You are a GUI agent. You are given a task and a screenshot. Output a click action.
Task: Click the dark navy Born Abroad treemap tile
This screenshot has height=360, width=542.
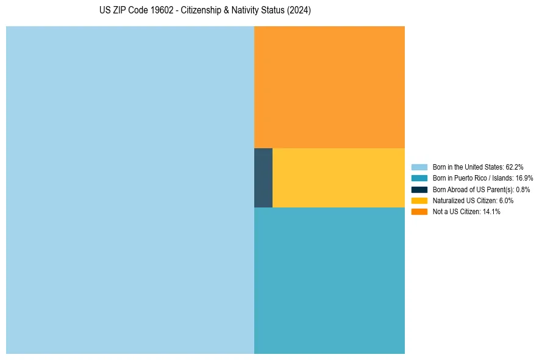pos(263,178)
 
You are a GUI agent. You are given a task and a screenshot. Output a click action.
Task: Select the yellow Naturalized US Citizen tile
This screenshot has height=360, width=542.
pos(338,178)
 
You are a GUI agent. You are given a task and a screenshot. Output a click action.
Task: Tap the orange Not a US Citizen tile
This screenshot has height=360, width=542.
pos(329,87)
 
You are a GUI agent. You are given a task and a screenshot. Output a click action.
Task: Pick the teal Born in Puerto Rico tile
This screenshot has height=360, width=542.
pos(329,281)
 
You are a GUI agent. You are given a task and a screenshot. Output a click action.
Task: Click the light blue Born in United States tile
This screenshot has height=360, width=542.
pos(130,190)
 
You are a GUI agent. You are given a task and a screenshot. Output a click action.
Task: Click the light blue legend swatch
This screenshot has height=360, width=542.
pos(419,167)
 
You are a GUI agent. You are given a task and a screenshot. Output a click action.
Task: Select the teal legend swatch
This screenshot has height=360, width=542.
pos(419,178)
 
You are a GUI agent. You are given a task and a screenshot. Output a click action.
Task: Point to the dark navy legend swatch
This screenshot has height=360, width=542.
pos(419,189)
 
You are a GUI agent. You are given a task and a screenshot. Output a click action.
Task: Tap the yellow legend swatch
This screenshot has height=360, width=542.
pos(419,200)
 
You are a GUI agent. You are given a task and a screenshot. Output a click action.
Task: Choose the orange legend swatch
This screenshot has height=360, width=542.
pos(419,211)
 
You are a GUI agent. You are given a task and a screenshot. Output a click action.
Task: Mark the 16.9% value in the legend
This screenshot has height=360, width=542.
pos(524,178)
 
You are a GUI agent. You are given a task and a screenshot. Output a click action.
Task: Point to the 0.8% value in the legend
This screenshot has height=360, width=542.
pos(522,189)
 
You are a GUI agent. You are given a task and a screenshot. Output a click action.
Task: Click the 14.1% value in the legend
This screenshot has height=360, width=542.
pos(491,211)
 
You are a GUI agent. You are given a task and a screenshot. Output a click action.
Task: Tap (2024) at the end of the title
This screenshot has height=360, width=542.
pos(299,11)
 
